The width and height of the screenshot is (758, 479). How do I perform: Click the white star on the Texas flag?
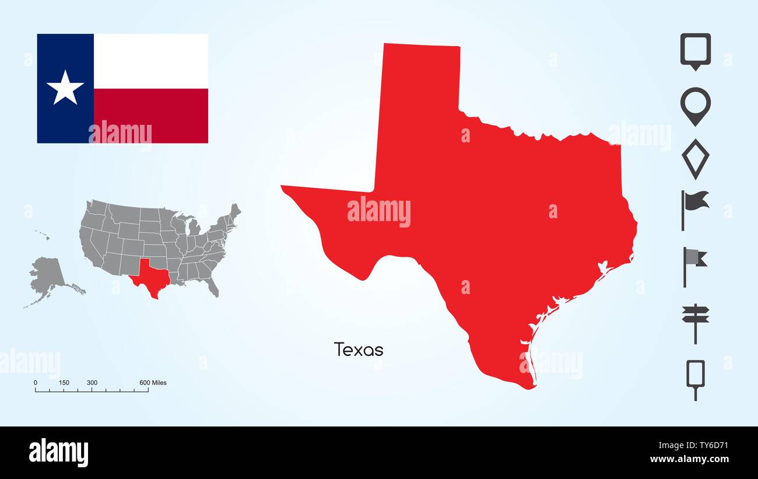(65, 88)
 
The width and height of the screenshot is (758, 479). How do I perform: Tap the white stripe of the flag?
(150, 61)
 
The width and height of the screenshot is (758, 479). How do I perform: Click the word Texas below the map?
(359, 350)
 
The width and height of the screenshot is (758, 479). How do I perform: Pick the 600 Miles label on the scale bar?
(153, 383)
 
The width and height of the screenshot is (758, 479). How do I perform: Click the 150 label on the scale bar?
(64, 383)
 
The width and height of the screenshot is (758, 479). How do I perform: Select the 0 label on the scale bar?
(36, 383)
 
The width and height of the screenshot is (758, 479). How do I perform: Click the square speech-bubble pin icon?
(695, 51)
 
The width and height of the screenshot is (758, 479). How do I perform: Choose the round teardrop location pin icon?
(695, 106)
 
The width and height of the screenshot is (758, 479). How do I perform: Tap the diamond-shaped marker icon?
(695, 158)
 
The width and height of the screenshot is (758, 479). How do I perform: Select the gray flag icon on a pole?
(694, 263)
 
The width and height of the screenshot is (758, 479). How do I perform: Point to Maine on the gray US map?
(234, 211)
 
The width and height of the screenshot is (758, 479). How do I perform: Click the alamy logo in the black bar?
(58, 453)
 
